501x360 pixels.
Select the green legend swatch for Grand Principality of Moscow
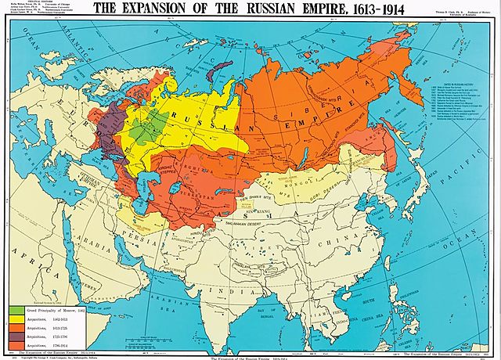[x=16, y=311]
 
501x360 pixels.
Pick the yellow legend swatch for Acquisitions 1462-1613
[x=16, y=319]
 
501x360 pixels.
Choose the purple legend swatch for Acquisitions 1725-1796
[x=16, y=336]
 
